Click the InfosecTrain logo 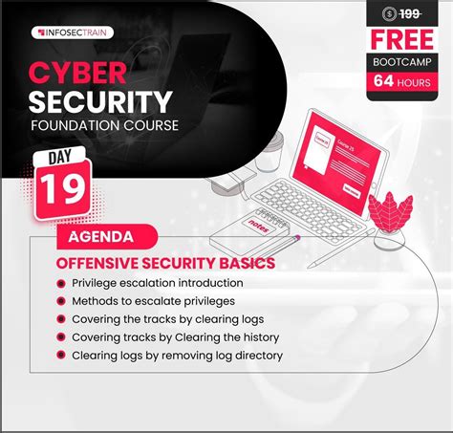[74, 32]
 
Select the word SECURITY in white [100, 102]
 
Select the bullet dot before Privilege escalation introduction [62, 283]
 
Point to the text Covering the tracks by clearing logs [169, 319]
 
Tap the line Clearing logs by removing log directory [177, 356]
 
